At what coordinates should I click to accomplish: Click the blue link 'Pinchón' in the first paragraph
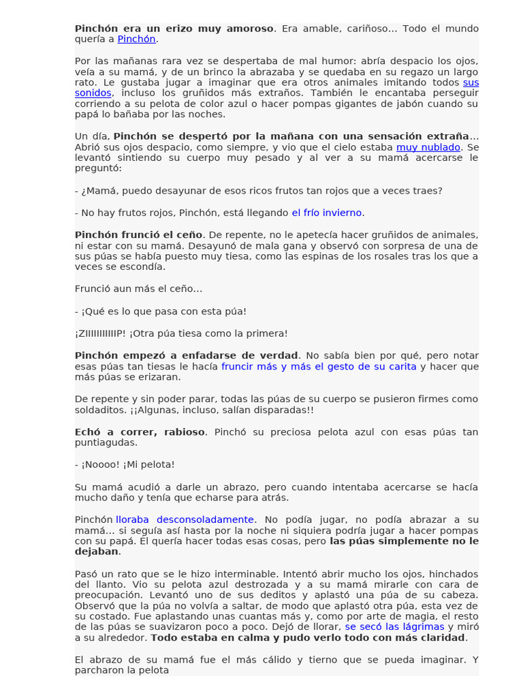(x=137, y=39)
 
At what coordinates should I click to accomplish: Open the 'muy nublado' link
(x=428, y=147)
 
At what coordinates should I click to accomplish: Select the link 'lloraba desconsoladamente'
(x=186, y=519)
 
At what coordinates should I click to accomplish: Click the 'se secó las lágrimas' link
(x=394, y=626)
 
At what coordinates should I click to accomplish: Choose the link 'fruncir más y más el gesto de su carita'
(x=319, y=366)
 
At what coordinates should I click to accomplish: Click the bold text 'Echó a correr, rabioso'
(x=140, y=431)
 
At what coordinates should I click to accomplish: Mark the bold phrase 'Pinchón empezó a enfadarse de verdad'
(x=186, y=355)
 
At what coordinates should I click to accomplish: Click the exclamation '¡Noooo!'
(x=104, y=464)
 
